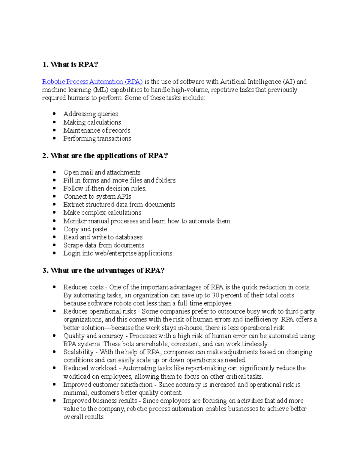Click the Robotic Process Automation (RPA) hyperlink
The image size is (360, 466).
(92, 82)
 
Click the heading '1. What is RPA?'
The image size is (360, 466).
(70, 65)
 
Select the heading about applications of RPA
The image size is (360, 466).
(105, 155)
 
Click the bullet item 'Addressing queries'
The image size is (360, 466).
(91, 114)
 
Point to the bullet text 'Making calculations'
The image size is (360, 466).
(92, 122)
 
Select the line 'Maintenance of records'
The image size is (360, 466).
(97, 131)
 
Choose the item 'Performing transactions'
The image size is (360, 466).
(97, 139)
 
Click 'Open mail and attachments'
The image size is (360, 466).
(102, 173)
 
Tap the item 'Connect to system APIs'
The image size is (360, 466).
(97, 197)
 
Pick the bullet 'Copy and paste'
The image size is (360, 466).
(85, 229)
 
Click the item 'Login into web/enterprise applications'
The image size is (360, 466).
(118, 254)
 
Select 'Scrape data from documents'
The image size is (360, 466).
(104, 245)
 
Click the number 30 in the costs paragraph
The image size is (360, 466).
(215, 295)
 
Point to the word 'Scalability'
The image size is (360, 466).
(78, 352)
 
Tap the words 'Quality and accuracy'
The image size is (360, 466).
(93, 336)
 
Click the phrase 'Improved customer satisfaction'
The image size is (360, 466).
(108, 385)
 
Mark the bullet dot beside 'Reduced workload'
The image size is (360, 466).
(54, 368)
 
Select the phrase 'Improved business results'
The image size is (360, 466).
(100, 401)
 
